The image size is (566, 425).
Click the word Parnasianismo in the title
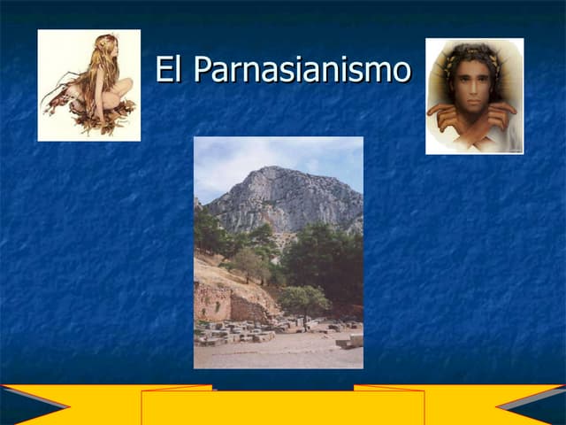point(302,69)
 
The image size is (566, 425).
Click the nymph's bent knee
point(123,87)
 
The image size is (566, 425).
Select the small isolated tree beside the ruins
point(303,299)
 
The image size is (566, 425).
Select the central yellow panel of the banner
point(283,407)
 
